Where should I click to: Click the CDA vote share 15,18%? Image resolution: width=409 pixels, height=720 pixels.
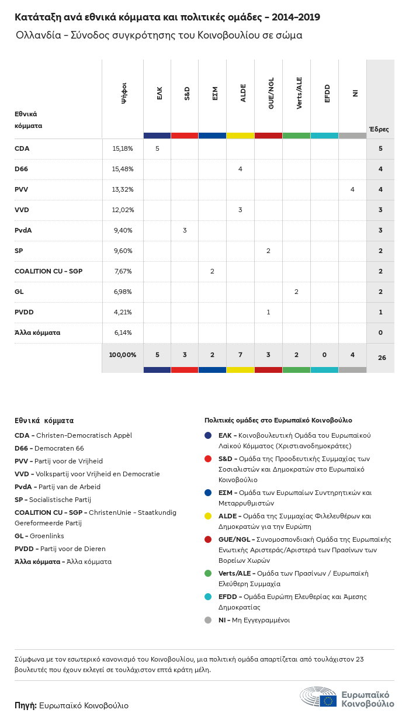[123, 148]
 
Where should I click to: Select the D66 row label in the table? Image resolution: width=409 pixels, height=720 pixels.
[22, 169]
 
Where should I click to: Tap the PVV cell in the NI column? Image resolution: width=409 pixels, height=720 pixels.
[352, 189]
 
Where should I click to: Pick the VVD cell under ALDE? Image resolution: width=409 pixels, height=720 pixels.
[240, 210]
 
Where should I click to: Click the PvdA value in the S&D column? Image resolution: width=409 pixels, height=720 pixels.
[185, 230]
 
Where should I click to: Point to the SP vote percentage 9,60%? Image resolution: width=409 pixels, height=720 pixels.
[123, 251]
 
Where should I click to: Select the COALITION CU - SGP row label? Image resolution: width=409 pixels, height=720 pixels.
[49, 271]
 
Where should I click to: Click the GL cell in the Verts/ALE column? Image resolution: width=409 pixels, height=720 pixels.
[296, 292]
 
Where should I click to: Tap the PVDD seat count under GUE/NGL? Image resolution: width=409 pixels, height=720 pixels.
[268, 312]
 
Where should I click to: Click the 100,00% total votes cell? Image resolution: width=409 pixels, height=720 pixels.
[123, 355]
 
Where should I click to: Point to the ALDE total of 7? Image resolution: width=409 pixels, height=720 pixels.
[240, 355]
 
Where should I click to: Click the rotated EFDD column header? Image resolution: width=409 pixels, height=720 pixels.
[327, 94]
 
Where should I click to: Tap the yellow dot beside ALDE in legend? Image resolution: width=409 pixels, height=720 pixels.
[208, 516]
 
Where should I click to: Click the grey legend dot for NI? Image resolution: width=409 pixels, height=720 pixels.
[208, 620]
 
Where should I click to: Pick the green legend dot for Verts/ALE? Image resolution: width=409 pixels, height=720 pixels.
[208, 573]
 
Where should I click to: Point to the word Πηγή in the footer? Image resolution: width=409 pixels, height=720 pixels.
[26, 705]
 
